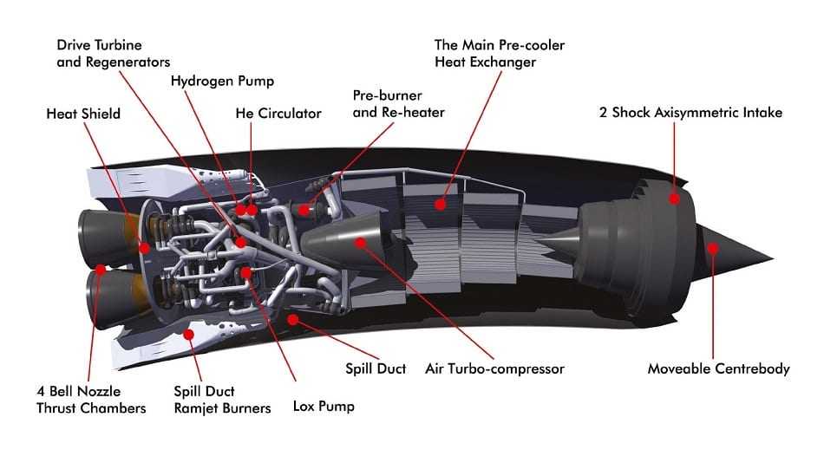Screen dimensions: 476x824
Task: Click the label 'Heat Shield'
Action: [83, 114]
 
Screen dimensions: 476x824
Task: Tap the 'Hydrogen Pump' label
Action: [222, 82]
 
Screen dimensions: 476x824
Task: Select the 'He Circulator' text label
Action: [278, 114]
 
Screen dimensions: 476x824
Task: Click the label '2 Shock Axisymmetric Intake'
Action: [690, 113]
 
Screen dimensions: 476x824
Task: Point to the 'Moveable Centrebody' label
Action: [718, 368]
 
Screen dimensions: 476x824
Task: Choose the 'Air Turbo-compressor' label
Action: [494, 368]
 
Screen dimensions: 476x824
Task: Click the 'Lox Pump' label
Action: [324, 406]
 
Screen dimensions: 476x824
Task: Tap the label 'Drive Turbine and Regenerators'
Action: [113, 52]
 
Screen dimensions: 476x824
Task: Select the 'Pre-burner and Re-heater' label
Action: [398, 103]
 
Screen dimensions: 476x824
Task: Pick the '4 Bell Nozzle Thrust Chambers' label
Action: [91, 400]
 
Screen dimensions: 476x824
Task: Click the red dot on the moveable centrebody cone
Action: [713, 248]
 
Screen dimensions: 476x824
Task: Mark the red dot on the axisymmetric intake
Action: [674, 199]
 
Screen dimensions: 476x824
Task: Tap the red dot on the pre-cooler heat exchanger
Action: [441, 205]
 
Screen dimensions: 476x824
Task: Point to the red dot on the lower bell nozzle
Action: [101, 270]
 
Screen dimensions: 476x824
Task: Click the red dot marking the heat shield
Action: [144, 248]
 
